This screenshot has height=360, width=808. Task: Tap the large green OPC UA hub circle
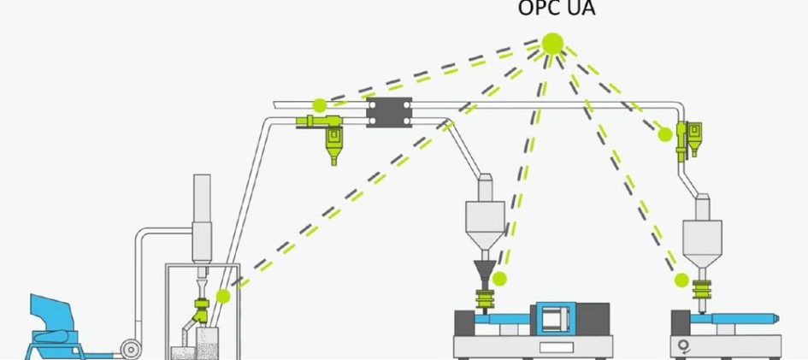point(552,44)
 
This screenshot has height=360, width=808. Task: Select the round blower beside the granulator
point(131,350)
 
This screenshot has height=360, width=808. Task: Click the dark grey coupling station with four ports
point(389,112)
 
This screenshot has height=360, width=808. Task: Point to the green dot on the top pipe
point(320,105)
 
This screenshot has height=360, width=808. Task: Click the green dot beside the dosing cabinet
point(223,296)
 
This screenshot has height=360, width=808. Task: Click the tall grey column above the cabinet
point(202,218)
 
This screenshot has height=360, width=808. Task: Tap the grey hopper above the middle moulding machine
point(485,212)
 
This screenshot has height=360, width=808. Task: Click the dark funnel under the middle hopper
point(485,270)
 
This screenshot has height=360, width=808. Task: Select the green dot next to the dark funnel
point(499,279)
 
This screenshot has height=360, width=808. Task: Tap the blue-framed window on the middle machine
point(556,321)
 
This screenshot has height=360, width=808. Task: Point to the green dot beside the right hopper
point(681,280)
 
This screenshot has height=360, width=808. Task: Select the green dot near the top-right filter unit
point(665,134)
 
